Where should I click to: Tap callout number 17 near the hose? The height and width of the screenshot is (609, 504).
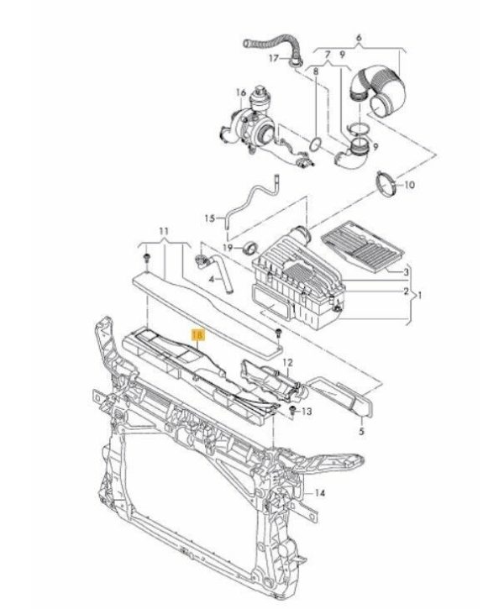pyautogui.click(x=274, y=58)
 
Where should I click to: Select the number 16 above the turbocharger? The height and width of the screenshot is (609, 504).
pyautogui.click(x=241, y=93)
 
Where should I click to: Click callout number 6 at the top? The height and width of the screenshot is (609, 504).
pyautogui.click(x=359, y=38)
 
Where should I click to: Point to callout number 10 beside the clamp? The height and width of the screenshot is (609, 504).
pyautogui.click(x=409, y=185)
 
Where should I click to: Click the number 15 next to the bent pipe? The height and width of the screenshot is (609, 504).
pyautogui.click(x=210, y=218)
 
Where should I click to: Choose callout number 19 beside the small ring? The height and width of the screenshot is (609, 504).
pyautogui.click(x=228, y=248)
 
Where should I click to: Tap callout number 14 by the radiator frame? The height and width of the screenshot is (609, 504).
pyautogui.click(x=319, y=493)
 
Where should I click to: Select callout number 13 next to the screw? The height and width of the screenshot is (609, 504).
pyautogui.click(x=307, y=411)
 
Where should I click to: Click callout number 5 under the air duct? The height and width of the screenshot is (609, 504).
pyautogui.click(x=361, y=431)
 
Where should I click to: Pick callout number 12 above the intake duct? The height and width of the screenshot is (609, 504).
pyautogui.click(x=287, y=363)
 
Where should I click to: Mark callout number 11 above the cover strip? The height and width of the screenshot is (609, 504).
pyautogui.click(x=164, y=231)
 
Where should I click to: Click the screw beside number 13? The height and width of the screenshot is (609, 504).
pyautogui.click(x=293, y=410)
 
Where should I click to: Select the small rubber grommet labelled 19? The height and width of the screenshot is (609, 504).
pyautogui.click(x=250, y=248)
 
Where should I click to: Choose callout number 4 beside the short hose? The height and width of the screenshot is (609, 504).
pyautogui.click(x=212, y=279)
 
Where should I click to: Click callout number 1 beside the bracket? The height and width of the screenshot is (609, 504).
pyautogui.click(x=418, y=295)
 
